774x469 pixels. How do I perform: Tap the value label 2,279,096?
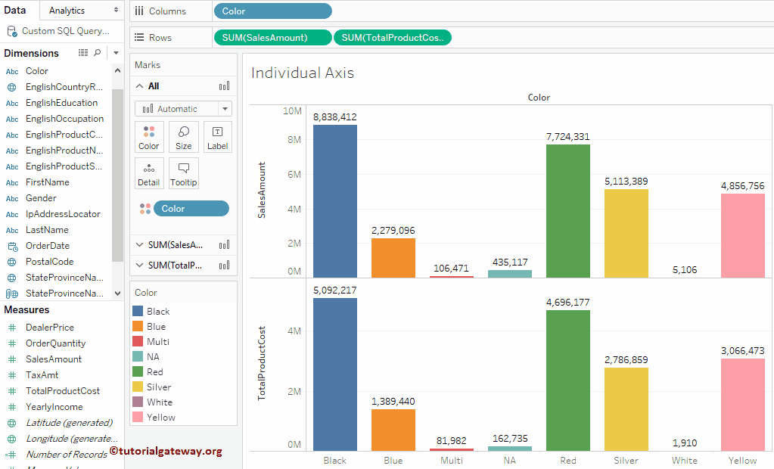(393, 231)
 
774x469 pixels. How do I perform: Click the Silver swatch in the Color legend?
(138, 387)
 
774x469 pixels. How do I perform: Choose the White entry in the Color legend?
(159, 402)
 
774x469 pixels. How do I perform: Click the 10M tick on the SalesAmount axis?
(292, 111)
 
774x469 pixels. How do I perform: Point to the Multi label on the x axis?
(451, 460)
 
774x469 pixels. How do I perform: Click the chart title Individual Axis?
(303, 73)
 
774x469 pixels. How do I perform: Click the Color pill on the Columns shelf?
(272, 11)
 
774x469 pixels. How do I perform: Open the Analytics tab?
(67, 11)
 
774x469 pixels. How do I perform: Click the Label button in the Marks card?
(217, 138)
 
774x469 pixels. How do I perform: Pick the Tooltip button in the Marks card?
(183, 174)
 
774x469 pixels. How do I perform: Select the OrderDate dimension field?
(47, 246)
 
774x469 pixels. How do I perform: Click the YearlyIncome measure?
(54, 407)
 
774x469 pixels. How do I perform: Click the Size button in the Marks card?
(183, 138)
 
